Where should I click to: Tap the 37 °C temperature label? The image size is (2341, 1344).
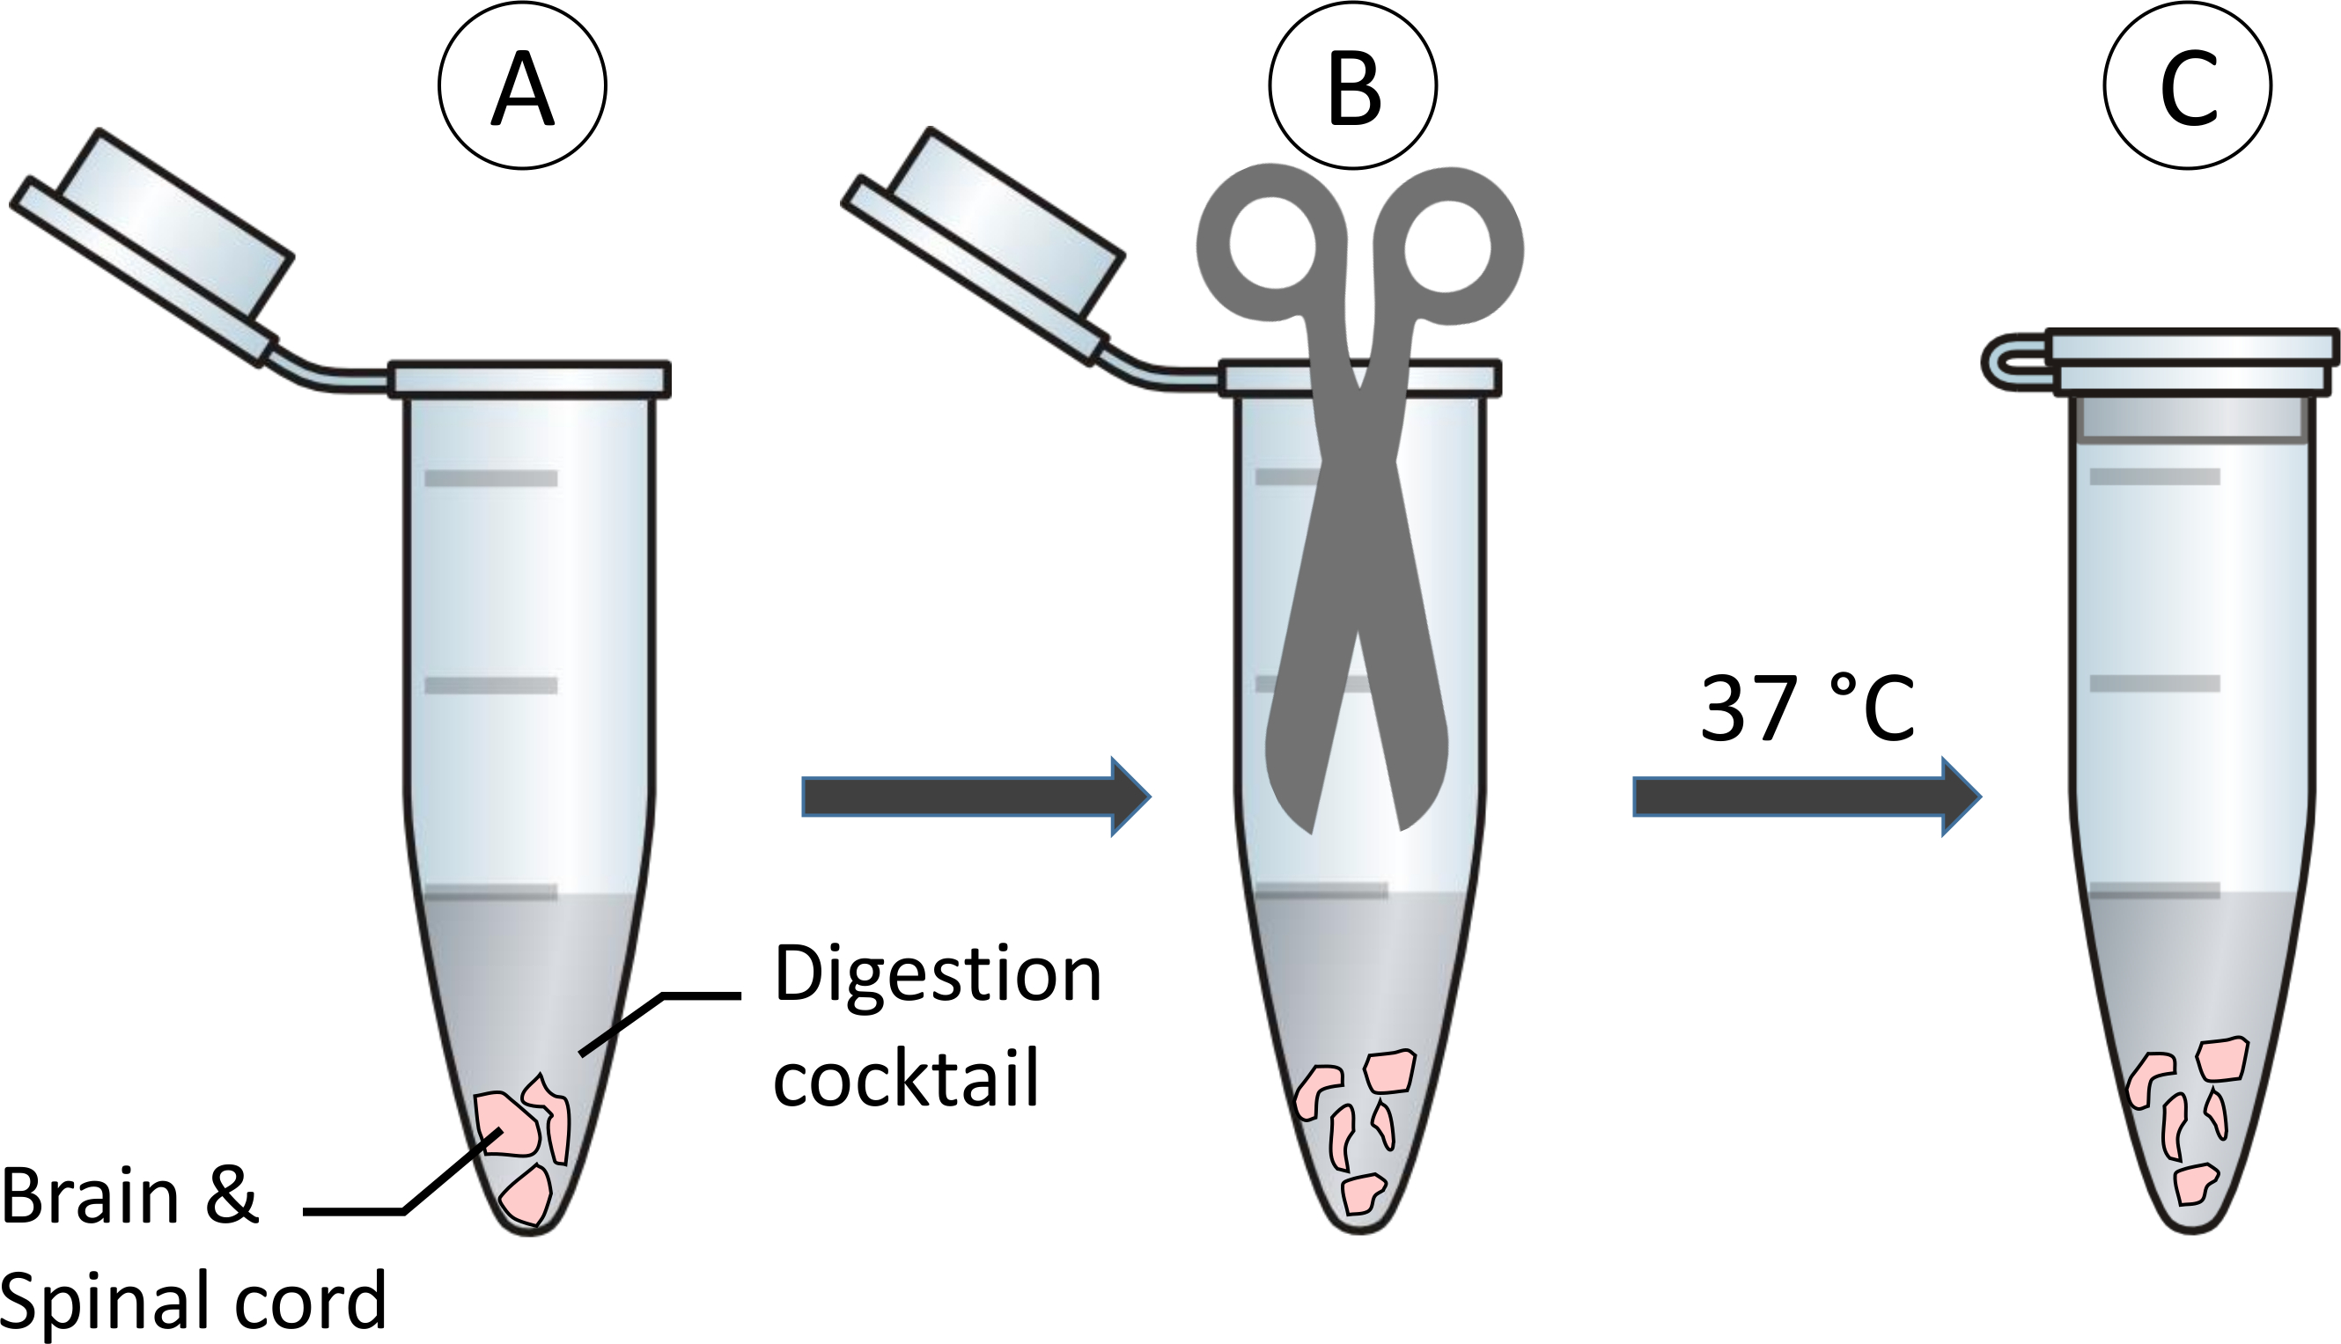1807,709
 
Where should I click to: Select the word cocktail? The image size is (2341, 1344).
907,1078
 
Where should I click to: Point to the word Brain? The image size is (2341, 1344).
91,1196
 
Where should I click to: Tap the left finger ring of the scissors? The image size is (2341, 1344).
1270,245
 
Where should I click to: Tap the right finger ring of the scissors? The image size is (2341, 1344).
1447,246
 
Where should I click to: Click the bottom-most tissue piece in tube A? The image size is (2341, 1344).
526,1195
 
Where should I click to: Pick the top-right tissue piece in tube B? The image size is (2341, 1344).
1389,1072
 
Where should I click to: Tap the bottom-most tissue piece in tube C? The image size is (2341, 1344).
2194,1185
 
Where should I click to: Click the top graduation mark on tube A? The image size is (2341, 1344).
490,478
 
